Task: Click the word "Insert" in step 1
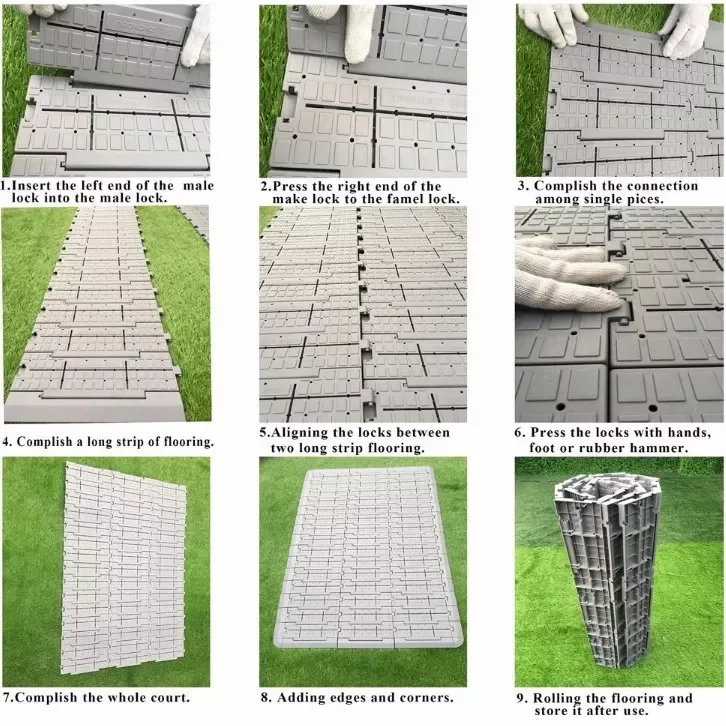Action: point(38,185)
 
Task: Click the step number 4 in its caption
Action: point(7,441)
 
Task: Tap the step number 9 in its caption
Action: point(522,697)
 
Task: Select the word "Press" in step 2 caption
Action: point(296,186)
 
